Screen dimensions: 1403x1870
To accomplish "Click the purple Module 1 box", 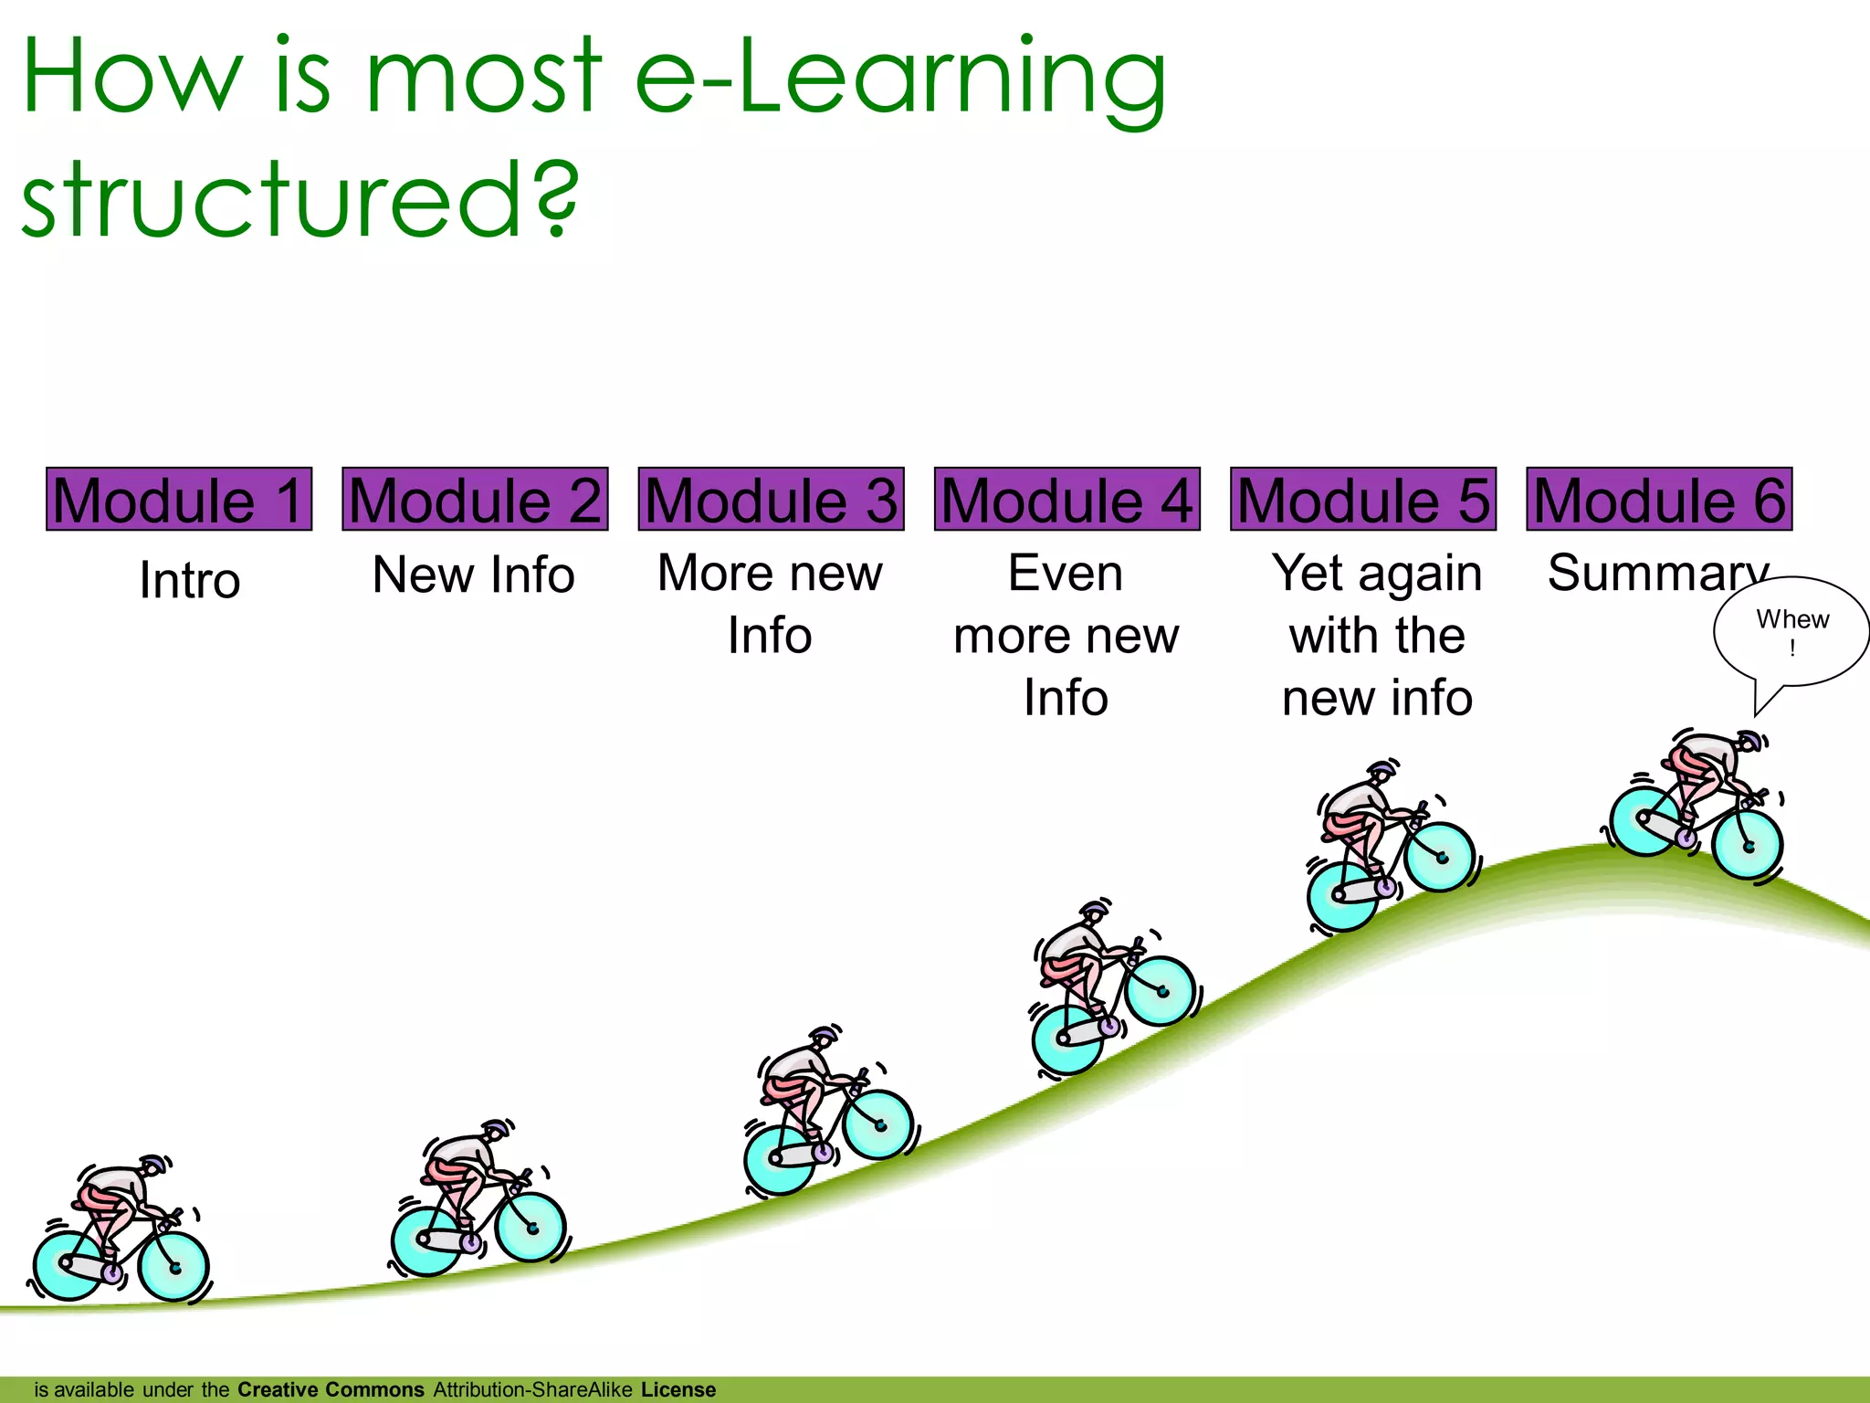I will click(x=179, y=500).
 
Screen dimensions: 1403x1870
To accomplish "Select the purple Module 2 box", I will click(x=475, y=500).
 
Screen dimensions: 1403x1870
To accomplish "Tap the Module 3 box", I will click(x=771, y=500).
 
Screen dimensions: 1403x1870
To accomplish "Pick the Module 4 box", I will click(x=1066, y=500).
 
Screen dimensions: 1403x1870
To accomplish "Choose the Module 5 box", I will click(x=1362, y=500).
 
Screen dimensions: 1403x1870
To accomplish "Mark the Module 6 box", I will click(x=1659, y=500).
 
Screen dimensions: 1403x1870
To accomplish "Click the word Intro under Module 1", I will click(x=190, y=580).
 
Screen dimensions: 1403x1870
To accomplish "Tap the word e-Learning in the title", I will click(x=899, y=78).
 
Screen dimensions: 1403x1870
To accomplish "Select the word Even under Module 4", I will click(x=1066, y=574).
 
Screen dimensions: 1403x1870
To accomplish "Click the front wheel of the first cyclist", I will click(x=174, y=1267).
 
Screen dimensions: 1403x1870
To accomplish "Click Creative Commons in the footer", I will click(x=331, y=1389).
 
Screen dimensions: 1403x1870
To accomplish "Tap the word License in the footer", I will click(x=678, y=1389).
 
